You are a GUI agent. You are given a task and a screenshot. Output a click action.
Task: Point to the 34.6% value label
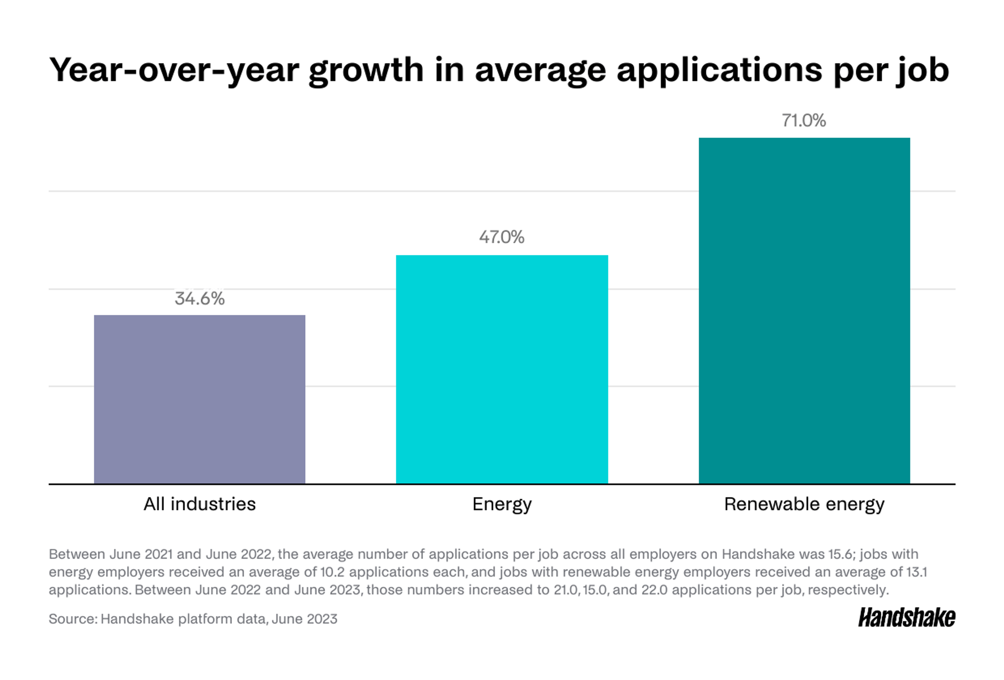click(x=199, y=299)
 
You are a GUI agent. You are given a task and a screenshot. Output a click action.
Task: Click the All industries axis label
click(x=199, y=504)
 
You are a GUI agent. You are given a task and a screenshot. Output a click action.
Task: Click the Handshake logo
click(x=906, y=618)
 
